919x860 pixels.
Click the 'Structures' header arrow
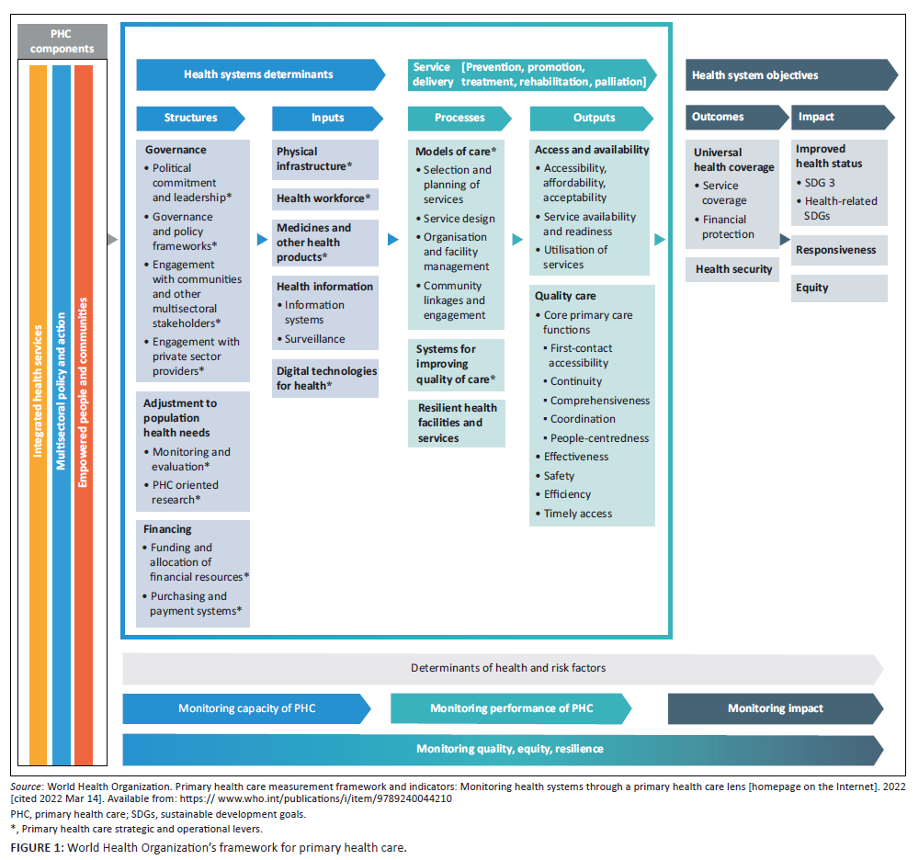point(191,118)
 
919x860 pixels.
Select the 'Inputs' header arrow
point(327,118)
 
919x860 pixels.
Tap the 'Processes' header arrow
point(459,118)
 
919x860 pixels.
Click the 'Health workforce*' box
point(325,198)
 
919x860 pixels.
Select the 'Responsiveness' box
point(839,250)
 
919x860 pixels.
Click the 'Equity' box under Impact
point(839,288)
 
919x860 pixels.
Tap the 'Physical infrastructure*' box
point(325,159)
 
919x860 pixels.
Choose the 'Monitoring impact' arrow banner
point(776,708)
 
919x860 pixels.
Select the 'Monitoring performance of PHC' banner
point(511,708)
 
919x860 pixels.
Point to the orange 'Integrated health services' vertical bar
point(38,413)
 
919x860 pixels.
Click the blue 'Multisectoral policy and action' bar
point(62,413)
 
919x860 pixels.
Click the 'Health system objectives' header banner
point(790,75)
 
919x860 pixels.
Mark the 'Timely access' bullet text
point(577,514)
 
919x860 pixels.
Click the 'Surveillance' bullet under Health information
point(314,339)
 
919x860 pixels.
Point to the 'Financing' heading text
point(167,529)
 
